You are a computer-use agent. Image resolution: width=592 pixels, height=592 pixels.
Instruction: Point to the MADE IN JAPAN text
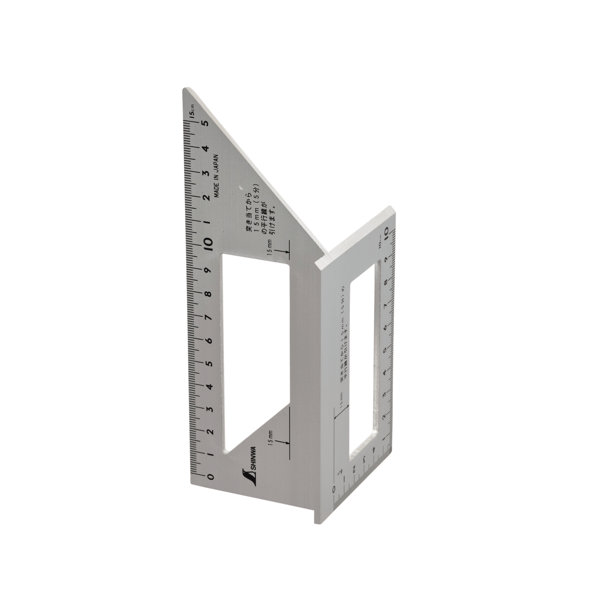[x=216, y=174]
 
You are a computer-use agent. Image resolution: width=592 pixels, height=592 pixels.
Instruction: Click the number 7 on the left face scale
[x=209, y=317]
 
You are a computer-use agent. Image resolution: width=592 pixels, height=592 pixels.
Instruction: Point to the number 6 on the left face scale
[x=209, y=340]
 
